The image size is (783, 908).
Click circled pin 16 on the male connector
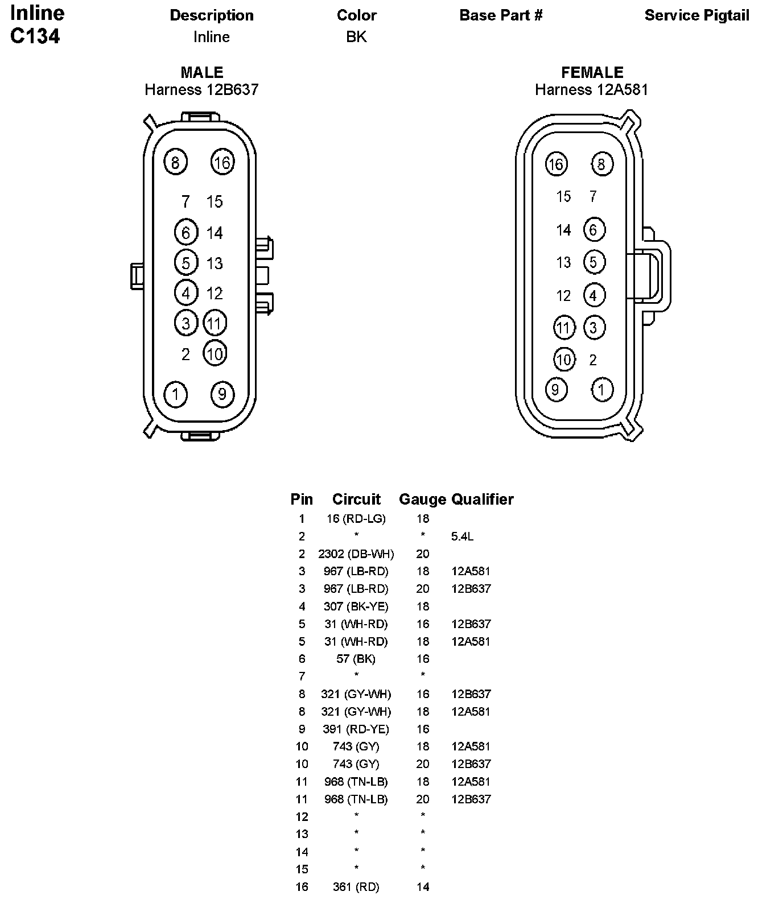tap(222, 163)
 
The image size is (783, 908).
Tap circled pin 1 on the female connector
tap(602, 390)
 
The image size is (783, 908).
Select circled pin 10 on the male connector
tap(215, 354)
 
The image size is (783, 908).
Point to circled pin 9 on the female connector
tap(555, 389)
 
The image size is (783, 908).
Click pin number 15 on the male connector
tap(215, 201)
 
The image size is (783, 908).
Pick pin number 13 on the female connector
tap(563, 262)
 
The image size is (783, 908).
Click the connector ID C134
tap(35, 36)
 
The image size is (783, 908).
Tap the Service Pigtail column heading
tap(697, 15)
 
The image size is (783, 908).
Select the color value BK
tap(356, 37)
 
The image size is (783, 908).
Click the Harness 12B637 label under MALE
tap(201, 89)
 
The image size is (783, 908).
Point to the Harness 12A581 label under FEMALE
tap(591, 89)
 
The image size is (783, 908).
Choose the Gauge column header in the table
tap(422, 499)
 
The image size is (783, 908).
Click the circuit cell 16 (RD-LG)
tap(356, 518)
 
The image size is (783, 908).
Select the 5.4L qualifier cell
tap(462, 536)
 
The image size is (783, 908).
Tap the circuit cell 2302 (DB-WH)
tap(356, 554)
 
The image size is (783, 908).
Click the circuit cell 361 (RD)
tap(356, 886)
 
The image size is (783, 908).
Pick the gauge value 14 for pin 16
tap(423, 886)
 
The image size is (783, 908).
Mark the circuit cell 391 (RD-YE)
tap(356, 729)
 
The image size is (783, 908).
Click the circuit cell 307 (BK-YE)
tap(356, 606)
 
